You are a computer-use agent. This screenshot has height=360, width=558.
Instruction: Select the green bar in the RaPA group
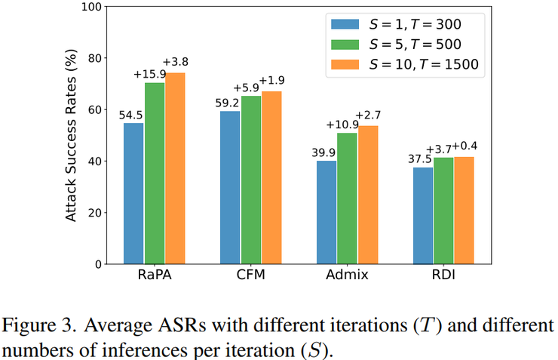[154, 173]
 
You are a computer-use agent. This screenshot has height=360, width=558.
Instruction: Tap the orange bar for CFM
[271, 177]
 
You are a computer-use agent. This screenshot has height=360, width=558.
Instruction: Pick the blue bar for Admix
[327, 212]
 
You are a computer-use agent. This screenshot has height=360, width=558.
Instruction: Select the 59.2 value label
[229, 103]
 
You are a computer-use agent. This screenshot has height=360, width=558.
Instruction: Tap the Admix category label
[347, 275]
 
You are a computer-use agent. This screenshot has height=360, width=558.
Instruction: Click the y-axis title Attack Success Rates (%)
[72, 136]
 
